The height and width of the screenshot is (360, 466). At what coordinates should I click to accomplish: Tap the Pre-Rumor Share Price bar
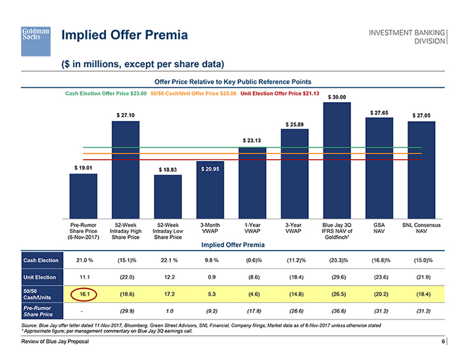pos(83,197)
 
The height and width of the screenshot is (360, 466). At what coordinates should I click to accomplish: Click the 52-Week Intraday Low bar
pos(168,197)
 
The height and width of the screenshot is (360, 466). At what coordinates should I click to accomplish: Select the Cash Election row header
pos(40,260)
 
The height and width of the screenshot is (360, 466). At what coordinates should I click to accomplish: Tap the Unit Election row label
pos(40,277)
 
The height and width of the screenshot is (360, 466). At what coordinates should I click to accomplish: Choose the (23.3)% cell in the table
pos(337,260)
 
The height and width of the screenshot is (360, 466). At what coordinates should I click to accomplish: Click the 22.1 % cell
pos(168,260)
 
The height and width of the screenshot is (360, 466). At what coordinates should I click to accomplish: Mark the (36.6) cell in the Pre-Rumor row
pos(337,311)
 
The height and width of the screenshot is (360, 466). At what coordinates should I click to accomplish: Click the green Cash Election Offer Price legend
pos(106,93)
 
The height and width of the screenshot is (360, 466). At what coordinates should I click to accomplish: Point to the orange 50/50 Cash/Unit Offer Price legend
pos(193,93)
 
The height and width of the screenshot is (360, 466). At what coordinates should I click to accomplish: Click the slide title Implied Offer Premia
pos(124,37)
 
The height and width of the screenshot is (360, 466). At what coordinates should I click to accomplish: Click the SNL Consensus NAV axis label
pos(421,229)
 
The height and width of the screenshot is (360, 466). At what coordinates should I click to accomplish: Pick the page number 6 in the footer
pos(442,342)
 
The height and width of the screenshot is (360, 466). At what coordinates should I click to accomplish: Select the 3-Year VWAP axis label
pos(295,229)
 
